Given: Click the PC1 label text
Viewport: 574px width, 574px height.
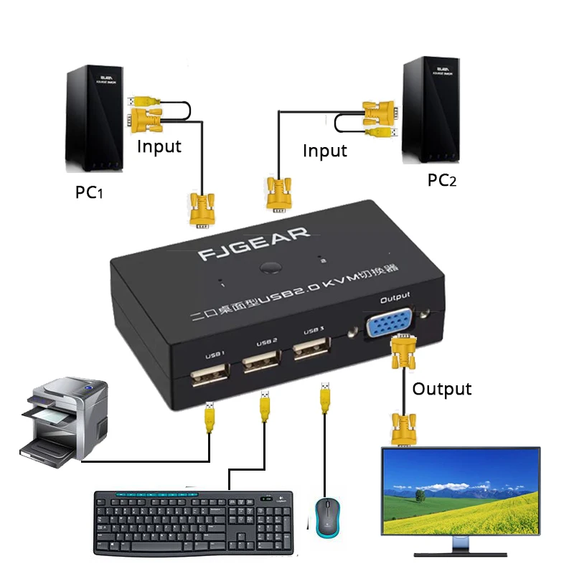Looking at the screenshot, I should tap(90, 193).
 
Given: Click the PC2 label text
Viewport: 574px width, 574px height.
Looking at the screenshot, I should tap(442, 180).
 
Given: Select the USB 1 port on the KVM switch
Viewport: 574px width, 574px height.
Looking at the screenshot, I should tap(210, 376).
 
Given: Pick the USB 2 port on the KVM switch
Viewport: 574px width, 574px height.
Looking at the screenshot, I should tap(260, 362).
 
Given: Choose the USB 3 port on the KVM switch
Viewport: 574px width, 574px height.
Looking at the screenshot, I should tap(311, 351).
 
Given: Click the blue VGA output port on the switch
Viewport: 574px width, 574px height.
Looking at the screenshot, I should tap(388, 325).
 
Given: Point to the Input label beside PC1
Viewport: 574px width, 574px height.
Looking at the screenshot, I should tap(159, 146).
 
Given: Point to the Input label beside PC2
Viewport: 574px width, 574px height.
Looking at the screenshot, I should tap(324, 151).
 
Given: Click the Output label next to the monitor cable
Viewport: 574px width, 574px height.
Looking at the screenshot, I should tap(442, 388).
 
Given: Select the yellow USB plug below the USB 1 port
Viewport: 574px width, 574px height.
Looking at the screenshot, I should tap(210, 416).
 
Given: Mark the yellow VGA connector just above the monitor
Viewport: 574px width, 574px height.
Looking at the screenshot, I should tap(405, 431).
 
